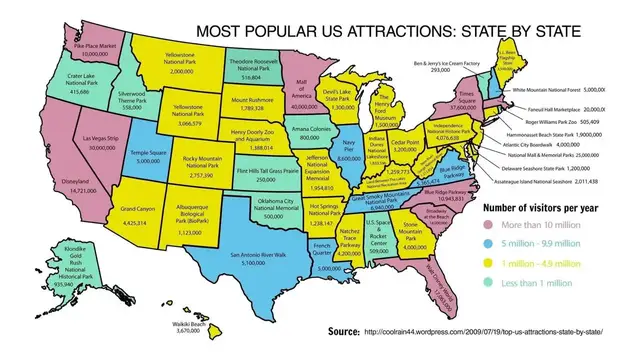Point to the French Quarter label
coord(327,257)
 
